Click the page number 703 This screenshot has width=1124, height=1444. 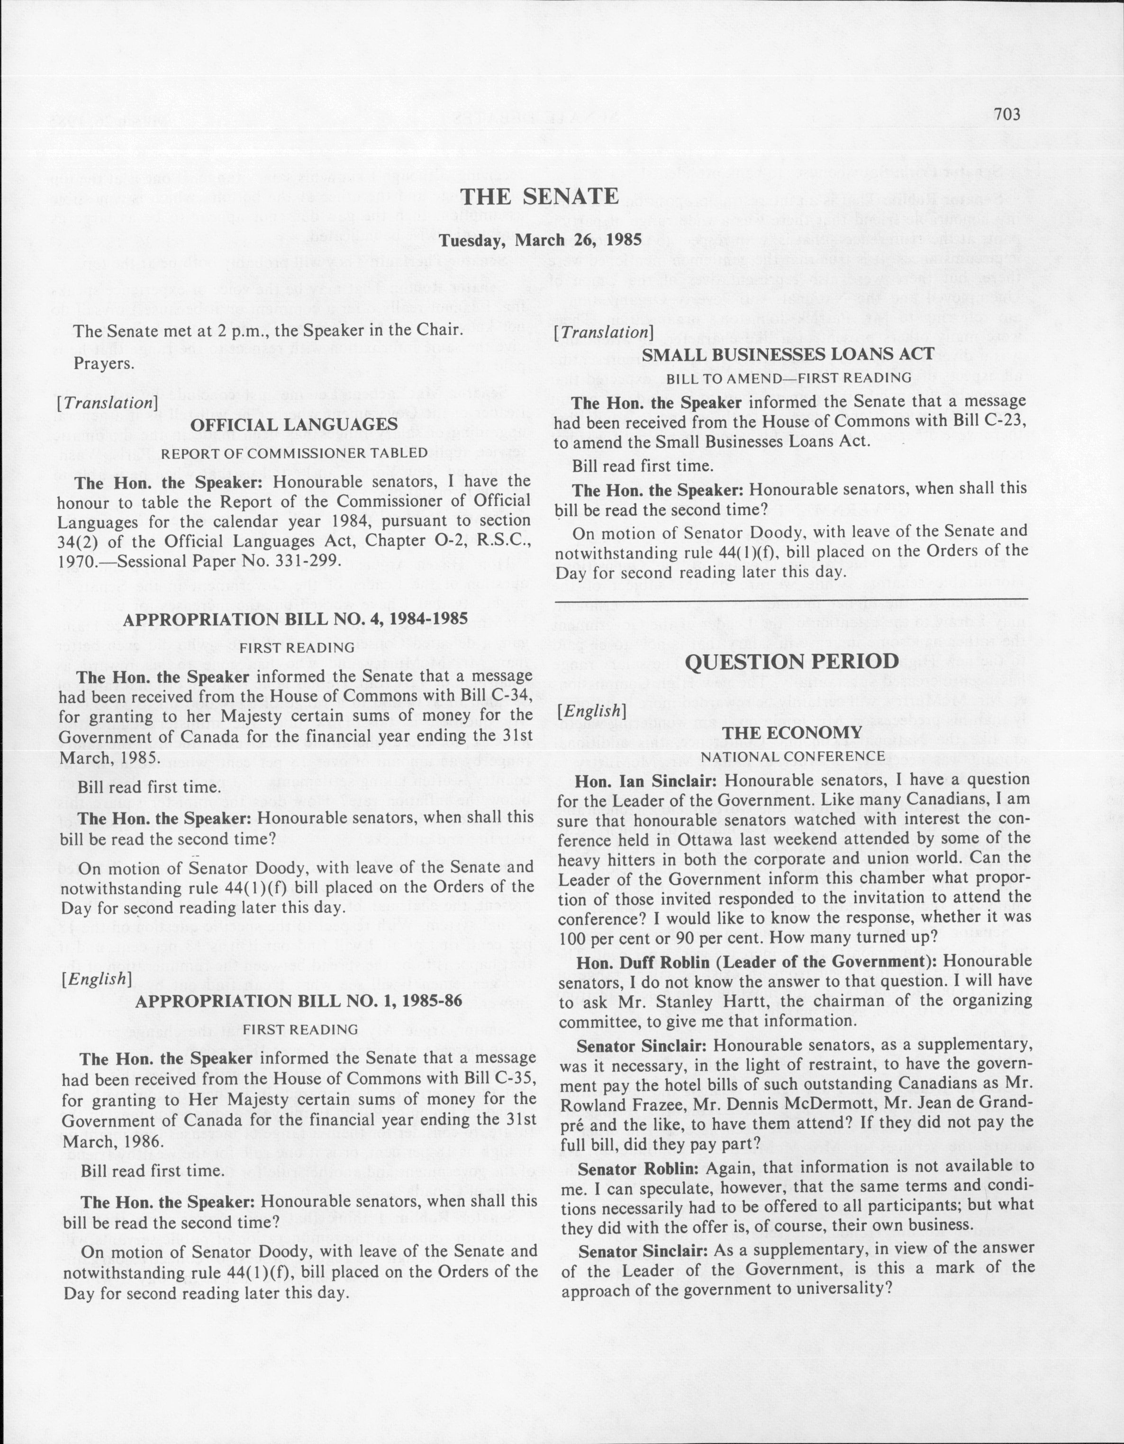pyautogui.click(x=1007, y=114)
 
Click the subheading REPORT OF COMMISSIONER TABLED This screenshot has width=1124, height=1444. pyautogui.click(x=294, y=453)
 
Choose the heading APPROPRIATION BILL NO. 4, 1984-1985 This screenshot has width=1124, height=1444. pyautogui.click(x=296, y=620)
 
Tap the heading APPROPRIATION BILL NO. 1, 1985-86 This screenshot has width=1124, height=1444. pyautogui.click(x=298, y=1001)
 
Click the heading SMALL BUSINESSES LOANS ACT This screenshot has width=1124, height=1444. pyautogui.click(x=788, y=354)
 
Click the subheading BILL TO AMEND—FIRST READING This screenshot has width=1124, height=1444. pyautogui.click(x=788, y=378)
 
